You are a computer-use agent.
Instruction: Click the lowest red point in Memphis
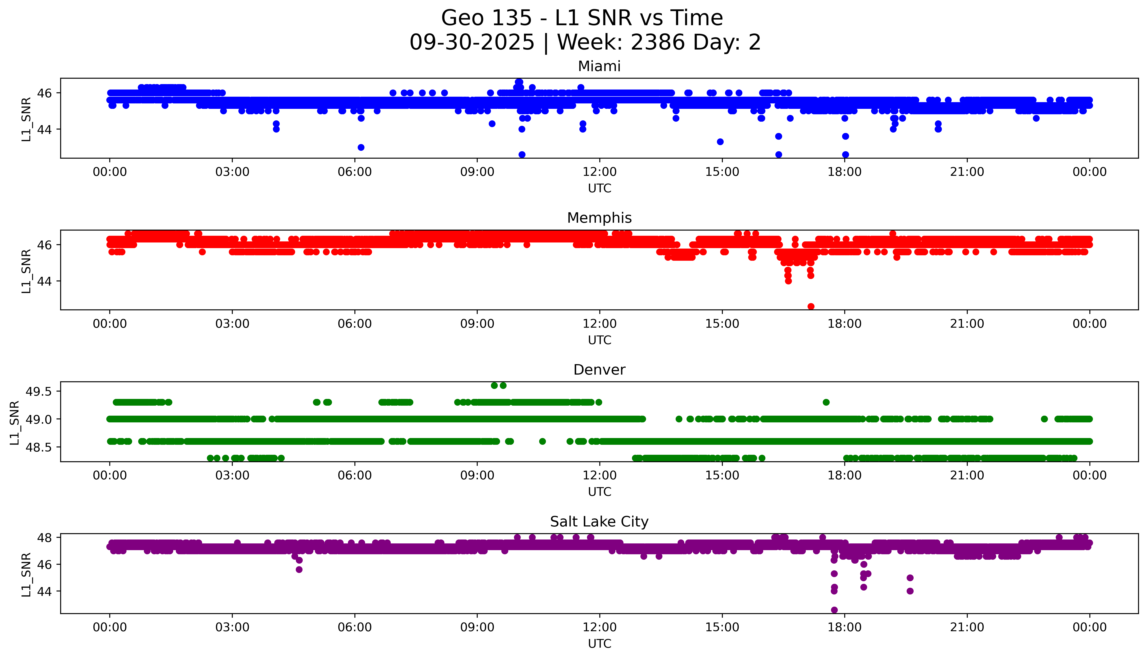click(811, 306)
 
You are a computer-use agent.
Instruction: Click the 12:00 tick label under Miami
click(599, 172)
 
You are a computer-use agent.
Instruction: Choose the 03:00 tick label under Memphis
click(232, 324)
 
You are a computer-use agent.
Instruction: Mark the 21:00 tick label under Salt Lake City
click(967, 627)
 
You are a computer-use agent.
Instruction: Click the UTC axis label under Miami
click(599, 188)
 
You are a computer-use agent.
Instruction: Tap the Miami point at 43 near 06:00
click(361, 148)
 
